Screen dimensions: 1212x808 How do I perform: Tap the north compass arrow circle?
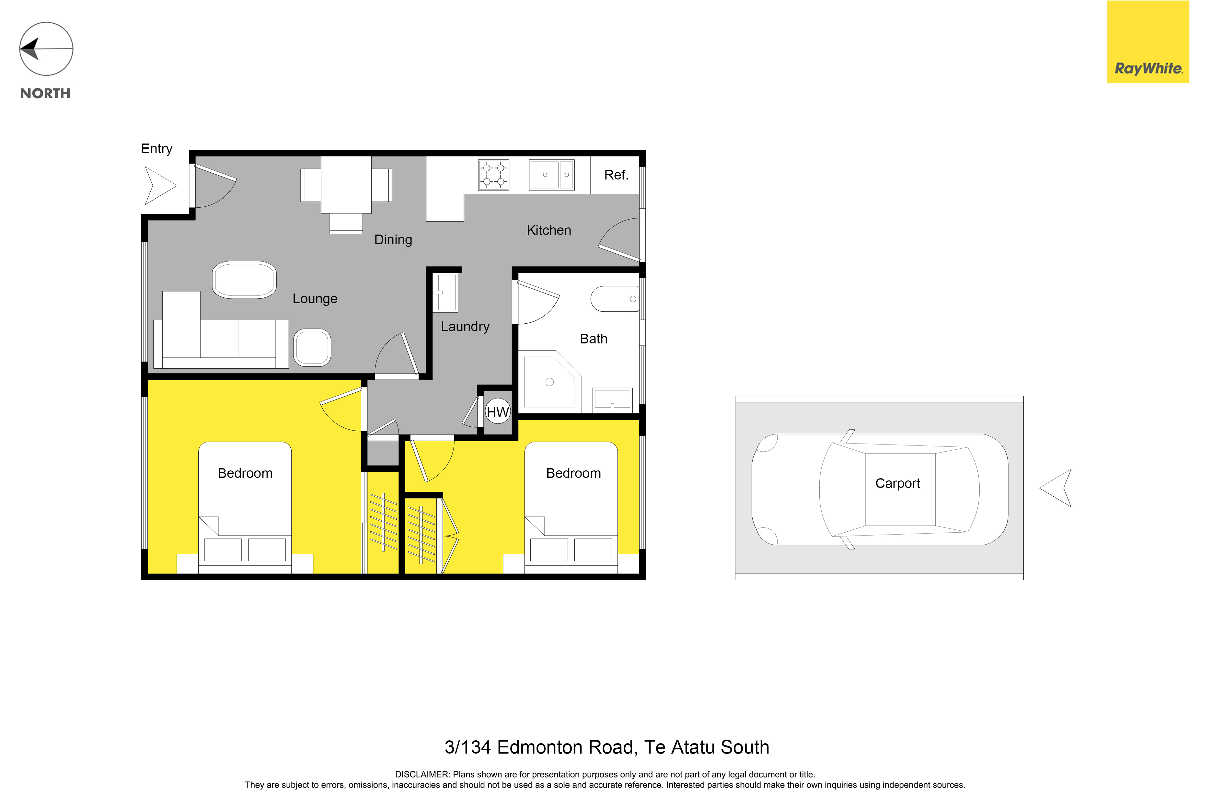click(x=46, y=49)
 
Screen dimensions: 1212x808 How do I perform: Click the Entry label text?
click(x=157, y=149)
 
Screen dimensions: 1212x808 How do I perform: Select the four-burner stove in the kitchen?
click(x=493, y=175)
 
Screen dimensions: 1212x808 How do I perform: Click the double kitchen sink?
click(x=551, y=175)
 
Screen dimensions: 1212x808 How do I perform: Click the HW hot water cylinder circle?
click(x=498, y=411)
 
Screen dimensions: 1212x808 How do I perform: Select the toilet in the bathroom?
click(x=615, y=299)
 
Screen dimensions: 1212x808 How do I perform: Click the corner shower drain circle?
click(x=549, y=382)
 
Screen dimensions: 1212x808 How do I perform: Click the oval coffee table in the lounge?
click(x=244, y=280)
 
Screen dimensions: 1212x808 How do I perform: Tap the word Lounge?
click(x=315, y=299)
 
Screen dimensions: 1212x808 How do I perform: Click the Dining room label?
click(x=393, y=240)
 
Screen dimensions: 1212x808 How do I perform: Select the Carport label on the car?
click(x=898, y=483)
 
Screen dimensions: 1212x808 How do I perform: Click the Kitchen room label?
click(x=549, y=230)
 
